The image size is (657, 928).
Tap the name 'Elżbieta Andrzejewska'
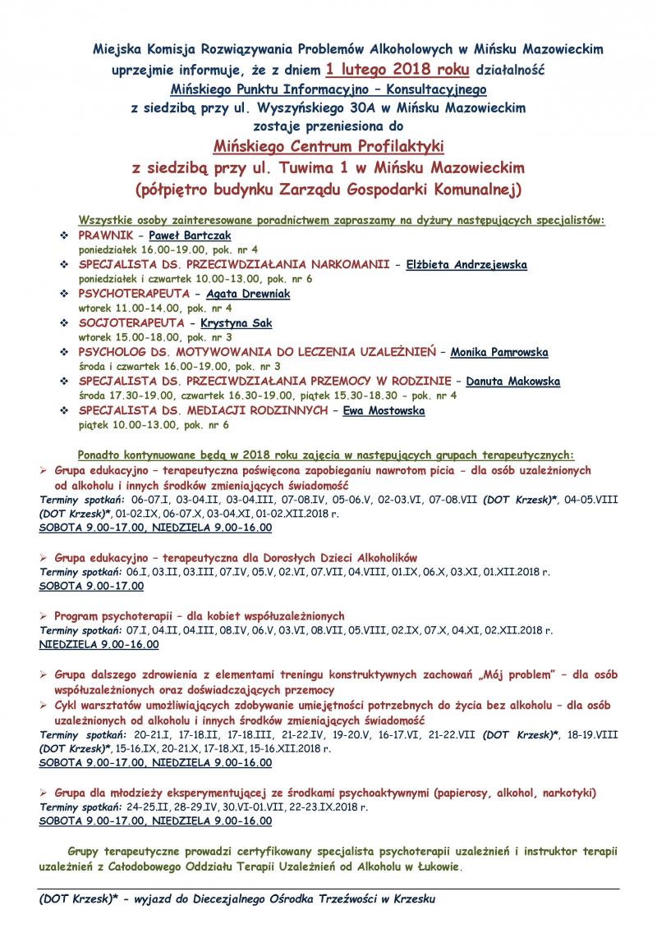pyautogui.click(x=466, y=264)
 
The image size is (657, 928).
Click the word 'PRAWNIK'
pyautogui.click(x=106, y=235)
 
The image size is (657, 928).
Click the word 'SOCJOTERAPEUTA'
pyautogui.click(x=127, y=323)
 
